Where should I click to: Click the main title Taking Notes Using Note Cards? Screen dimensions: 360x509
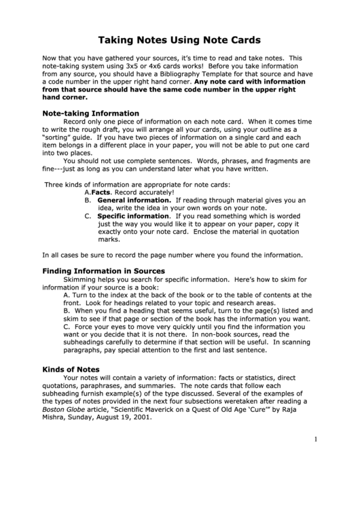coord(180,40)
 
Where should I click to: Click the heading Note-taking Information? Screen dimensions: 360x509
coord(91,113)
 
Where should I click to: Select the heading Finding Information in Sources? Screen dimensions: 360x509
coord(104,270)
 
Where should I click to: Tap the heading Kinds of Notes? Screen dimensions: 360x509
coord(71,369)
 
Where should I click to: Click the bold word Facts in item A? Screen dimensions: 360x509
coord(101,192)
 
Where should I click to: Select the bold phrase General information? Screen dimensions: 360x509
coord(134,200)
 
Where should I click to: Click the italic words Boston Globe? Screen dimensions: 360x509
coord(62,410)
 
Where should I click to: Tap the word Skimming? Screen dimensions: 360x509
coord(81,279)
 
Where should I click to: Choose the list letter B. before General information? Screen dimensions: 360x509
coord(88,200)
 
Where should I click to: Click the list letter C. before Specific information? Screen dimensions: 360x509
coord(88,215)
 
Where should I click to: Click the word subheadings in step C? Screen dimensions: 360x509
coord(85,343)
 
